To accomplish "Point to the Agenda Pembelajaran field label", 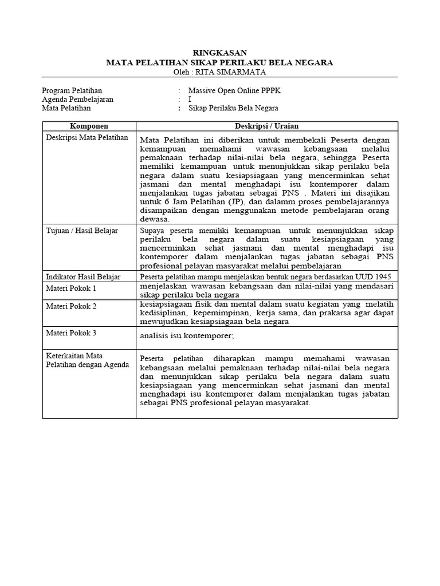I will [x=78, y=99].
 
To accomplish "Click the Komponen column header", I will [x=89, y=126].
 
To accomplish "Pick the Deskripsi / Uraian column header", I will [x=266, y=126].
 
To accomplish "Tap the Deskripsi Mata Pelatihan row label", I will [x=87, y=138].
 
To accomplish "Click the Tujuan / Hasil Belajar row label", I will [x=82, y=230].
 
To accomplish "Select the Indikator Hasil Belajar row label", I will [x=84, y=277].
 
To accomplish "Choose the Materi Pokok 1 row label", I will [x=71, y=288].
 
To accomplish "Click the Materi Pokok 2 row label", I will [x=71, y=306].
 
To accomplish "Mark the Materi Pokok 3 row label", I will [x=71, y=332].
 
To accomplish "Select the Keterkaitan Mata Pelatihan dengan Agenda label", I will [x=87, y=360].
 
